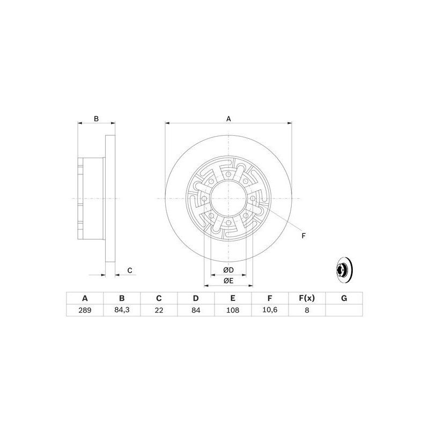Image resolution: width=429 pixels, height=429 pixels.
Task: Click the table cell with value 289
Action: (84, 310)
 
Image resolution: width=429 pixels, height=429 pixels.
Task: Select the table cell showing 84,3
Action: (122, 310)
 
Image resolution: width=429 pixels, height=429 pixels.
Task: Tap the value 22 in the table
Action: (159, 310)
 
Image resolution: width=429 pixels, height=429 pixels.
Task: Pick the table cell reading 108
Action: (233, 310)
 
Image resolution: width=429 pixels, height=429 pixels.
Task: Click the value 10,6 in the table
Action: (270, 310)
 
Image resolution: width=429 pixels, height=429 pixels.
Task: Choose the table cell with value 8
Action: (307, 310)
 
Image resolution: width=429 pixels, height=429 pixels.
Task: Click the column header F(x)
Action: (307, 298)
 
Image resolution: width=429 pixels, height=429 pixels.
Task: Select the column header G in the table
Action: (344, 298)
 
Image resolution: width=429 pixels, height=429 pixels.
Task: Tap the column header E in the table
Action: (233, 298)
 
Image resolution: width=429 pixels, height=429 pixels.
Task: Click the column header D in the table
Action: (196, 298)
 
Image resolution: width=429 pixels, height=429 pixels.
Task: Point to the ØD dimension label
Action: (228, 269)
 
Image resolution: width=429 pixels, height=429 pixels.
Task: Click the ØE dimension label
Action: (228, 280)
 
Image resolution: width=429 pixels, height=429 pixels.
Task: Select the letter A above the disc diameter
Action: (228, 119)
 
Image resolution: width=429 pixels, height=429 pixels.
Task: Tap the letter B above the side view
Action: (97, 119)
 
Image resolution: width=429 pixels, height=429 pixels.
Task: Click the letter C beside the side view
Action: (129, 270)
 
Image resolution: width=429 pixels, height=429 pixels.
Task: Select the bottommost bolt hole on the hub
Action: (228, 223)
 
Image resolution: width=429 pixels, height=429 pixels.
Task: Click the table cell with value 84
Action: (196, 310)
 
